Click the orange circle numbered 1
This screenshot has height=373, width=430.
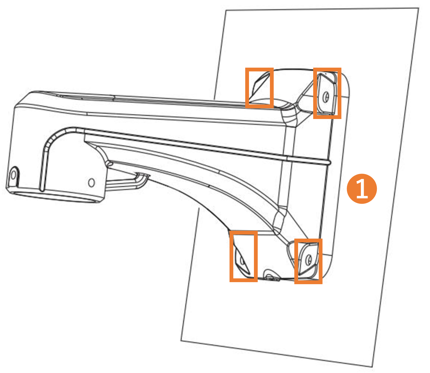coord(361,188)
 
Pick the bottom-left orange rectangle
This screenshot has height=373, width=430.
coord(231,256)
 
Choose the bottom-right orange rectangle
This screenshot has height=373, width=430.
coord(296,261)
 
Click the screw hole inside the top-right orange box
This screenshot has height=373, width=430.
coord(326,97)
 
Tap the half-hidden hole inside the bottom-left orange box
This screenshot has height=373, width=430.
coord(242,261)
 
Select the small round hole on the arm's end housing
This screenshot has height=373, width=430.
coord(92,183)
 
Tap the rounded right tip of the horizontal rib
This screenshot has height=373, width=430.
coord(329,162)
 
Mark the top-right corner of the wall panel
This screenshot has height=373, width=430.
coord(419,8)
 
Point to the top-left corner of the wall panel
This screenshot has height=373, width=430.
coord(225,10)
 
